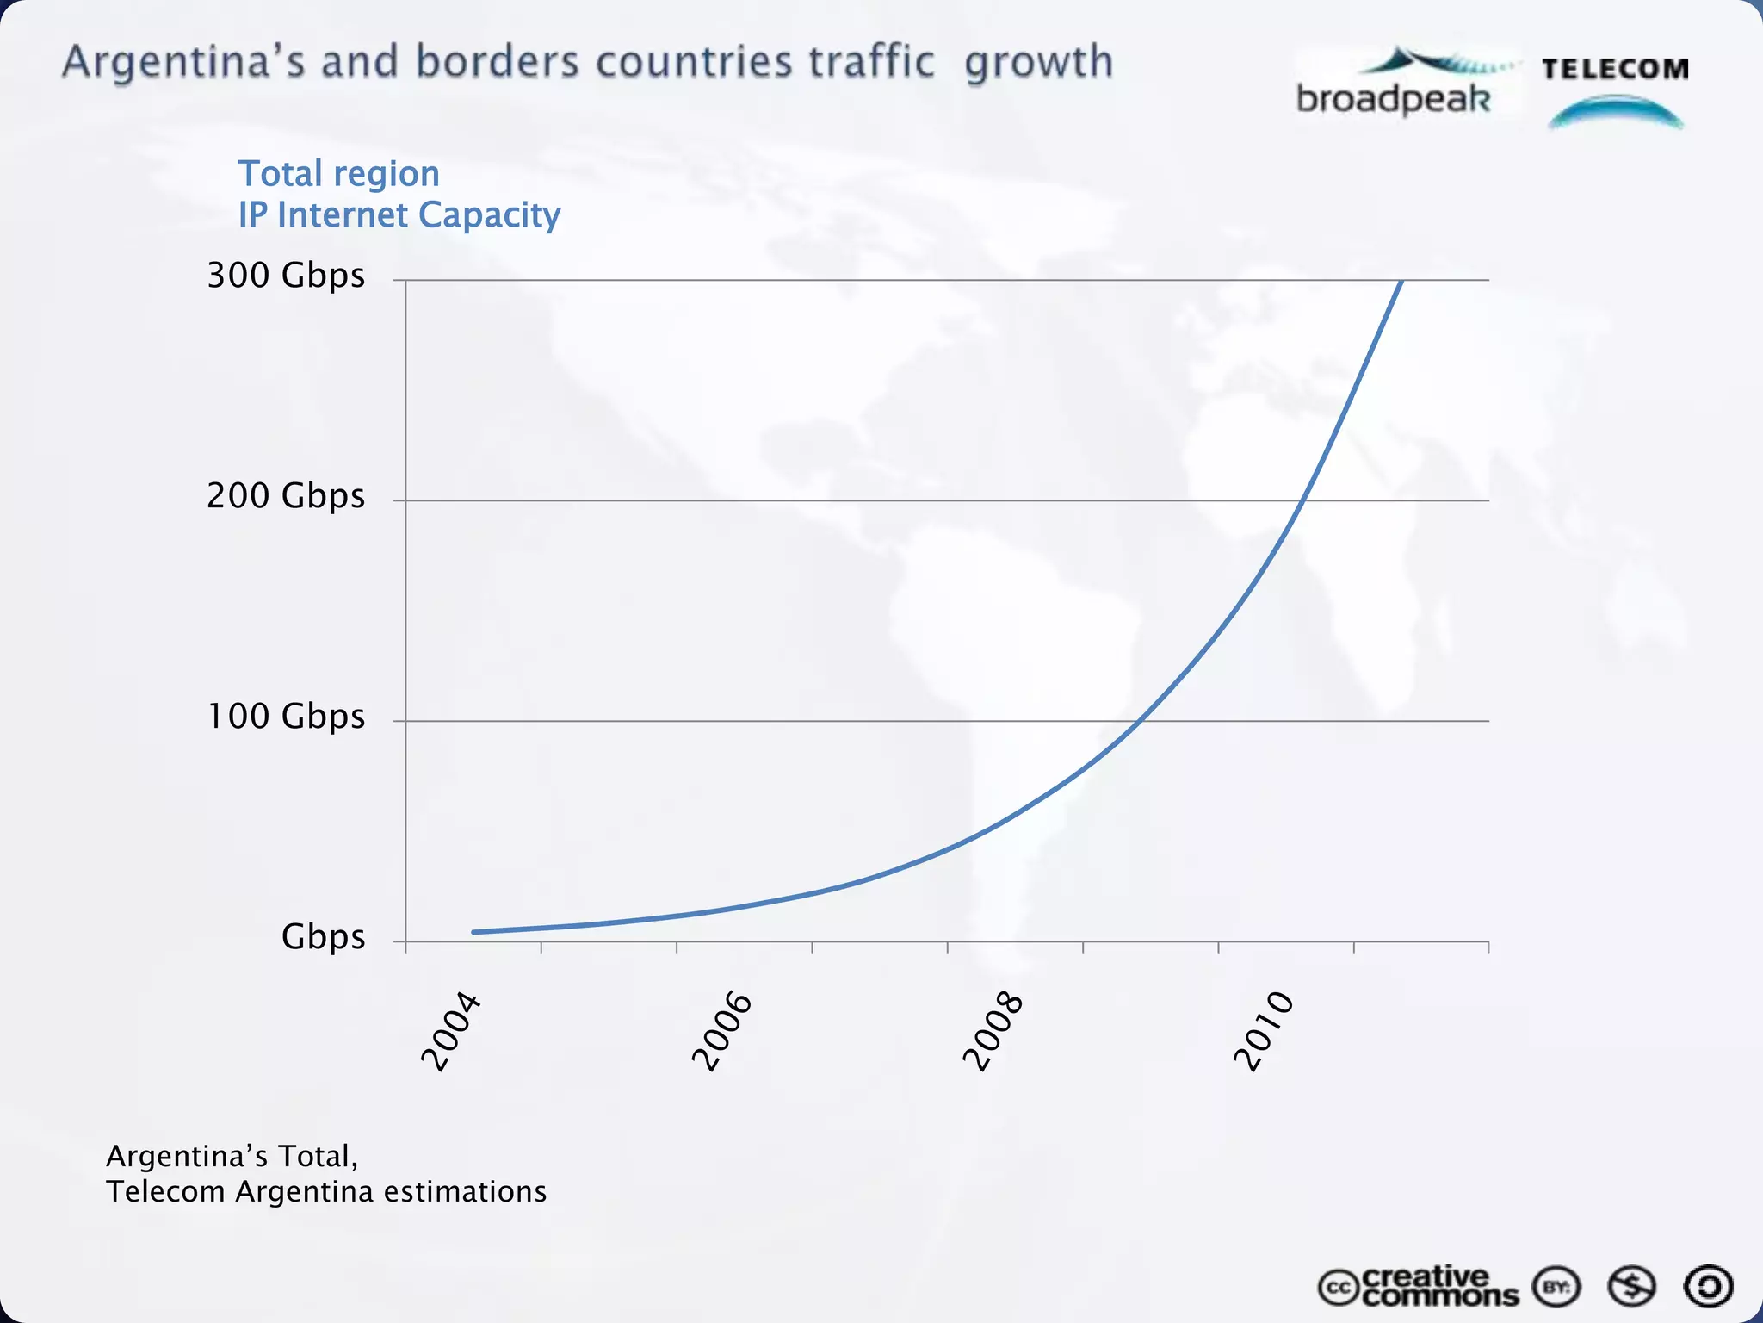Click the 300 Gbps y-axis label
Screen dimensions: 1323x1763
pyautogui.click(x=286, y=276)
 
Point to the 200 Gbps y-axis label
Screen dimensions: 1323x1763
pyautogui.click(x=286, y=496)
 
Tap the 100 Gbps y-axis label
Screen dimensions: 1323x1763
pyautogui.click(x=286, y=717)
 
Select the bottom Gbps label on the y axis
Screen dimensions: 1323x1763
pyautogui.click(x=323, y=937)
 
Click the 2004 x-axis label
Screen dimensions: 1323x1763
pyautogui.click(x=449, y=1032)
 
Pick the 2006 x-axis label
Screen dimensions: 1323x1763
pyautogui.click(x=721, y=1032)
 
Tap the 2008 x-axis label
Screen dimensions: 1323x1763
pyautogui.click(x=993, y=1032)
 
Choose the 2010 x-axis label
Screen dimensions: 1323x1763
pyautogui.click(x=1264, y=1032)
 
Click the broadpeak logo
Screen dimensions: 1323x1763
pyautogui.click(x=1395, y=86)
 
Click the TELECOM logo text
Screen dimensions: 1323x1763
pyautogui.click(x=1615, y=69)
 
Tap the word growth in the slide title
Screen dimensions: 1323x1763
pyautogui.click(x=1038, y=63)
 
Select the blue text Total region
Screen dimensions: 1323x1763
pyautogui.click(x=338, y=174)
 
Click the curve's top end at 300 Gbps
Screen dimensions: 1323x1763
pyautogui.click(x=1402, y=282)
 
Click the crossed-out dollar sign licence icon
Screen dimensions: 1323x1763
pyautogui.click(x=1631, y=1287)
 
